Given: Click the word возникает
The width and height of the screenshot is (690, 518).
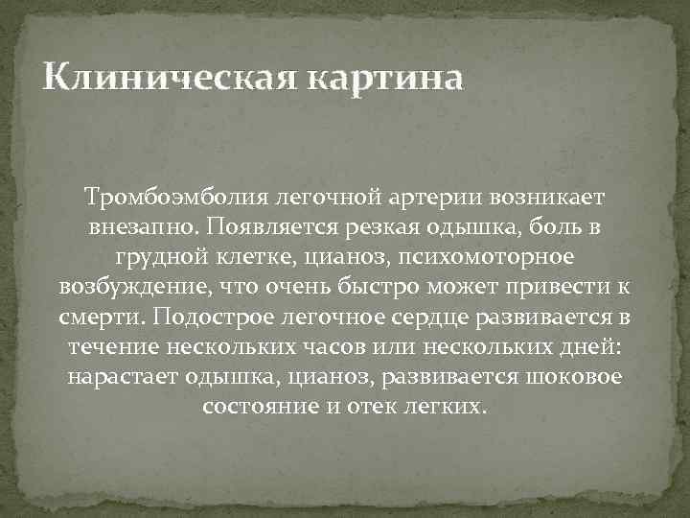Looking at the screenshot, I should (x=547, y=198).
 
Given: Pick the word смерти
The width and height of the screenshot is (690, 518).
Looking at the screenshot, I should (x=93, y=317).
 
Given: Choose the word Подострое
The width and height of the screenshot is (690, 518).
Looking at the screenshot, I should (x=191, y=317).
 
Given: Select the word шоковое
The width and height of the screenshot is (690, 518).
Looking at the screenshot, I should (x=572, y=376).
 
